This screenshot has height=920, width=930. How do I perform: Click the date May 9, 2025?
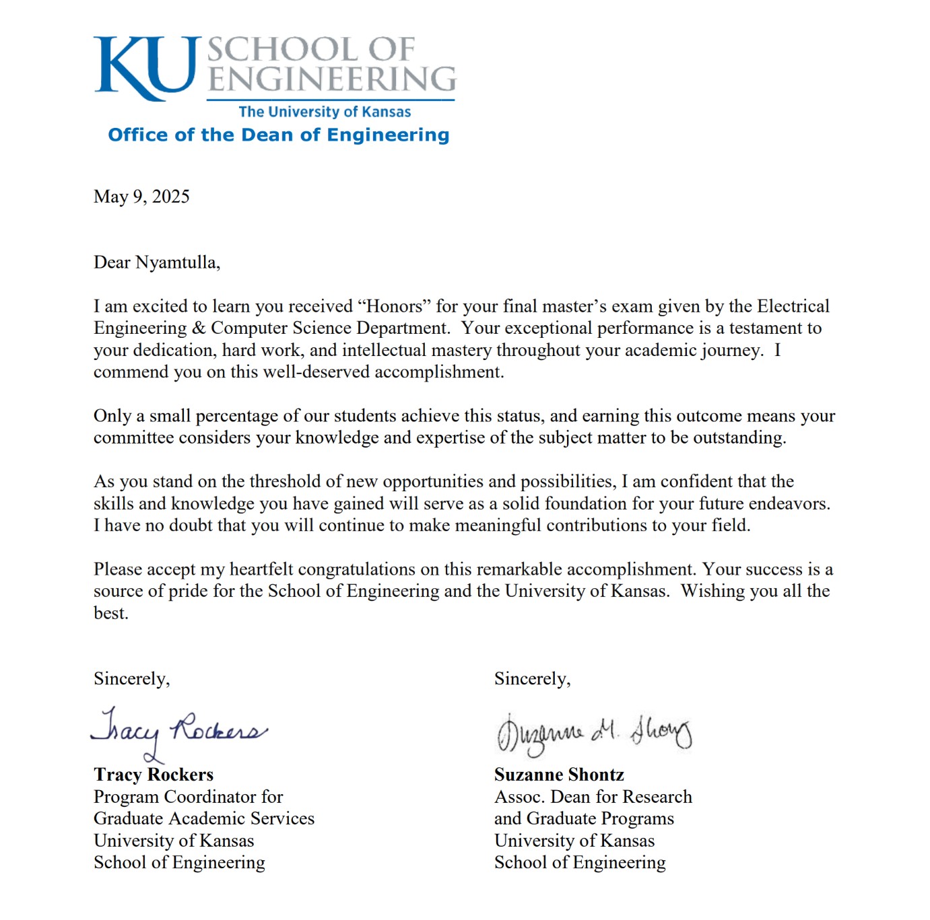coord(141,197)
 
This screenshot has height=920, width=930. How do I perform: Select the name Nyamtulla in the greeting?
coord(177,262)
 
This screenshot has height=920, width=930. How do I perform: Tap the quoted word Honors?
coord(394,307)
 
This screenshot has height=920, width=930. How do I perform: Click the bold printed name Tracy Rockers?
coord(154,775)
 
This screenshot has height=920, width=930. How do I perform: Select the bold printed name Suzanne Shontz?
coord(559,775)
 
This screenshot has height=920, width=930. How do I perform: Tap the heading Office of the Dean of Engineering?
coord(278,135)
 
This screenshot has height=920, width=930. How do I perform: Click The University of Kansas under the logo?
coord(325,112)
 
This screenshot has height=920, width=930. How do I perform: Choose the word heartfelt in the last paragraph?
coord(261,569)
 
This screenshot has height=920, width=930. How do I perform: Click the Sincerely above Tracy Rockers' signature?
coord(131,678)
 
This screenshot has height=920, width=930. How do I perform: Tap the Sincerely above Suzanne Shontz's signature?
coord(532,678)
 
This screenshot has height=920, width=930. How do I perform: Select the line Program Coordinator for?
coord(189,797)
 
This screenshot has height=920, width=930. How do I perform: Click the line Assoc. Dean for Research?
coord(593,797)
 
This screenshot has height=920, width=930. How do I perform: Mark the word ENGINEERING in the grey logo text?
coord(331,79)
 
